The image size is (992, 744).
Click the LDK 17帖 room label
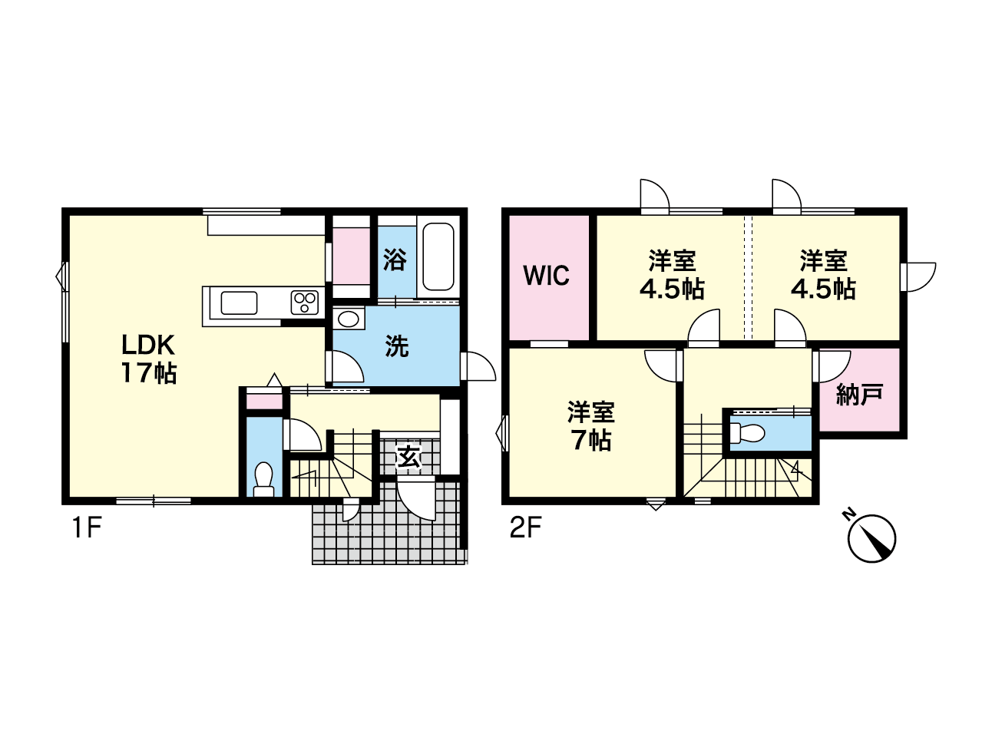pos(148,359)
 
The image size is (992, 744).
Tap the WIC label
pos(546,275)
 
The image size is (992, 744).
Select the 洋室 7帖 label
pos(591,425)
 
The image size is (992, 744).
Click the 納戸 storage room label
pos(860,395)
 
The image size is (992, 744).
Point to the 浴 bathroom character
pos(395,260)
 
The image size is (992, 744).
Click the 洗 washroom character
pos(397,346)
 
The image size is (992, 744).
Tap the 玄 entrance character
pos(409,457)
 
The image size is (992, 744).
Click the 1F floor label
pos(86,527)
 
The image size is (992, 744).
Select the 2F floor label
pos(526,527)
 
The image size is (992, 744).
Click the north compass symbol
pos(871,537)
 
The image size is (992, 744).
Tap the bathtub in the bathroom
pos(438,256)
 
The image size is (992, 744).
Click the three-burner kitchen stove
pos(305,303)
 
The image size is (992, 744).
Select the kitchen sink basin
pos(239,303)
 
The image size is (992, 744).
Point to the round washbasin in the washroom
pos(349,319)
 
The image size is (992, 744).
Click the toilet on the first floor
pos(264,479)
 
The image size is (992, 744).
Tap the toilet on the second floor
pos(746,433)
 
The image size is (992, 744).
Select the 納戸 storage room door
pos(832,366)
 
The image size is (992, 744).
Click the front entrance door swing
pos(416,499)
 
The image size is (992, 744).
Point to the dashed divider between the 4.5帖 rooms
pos(749,277)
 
